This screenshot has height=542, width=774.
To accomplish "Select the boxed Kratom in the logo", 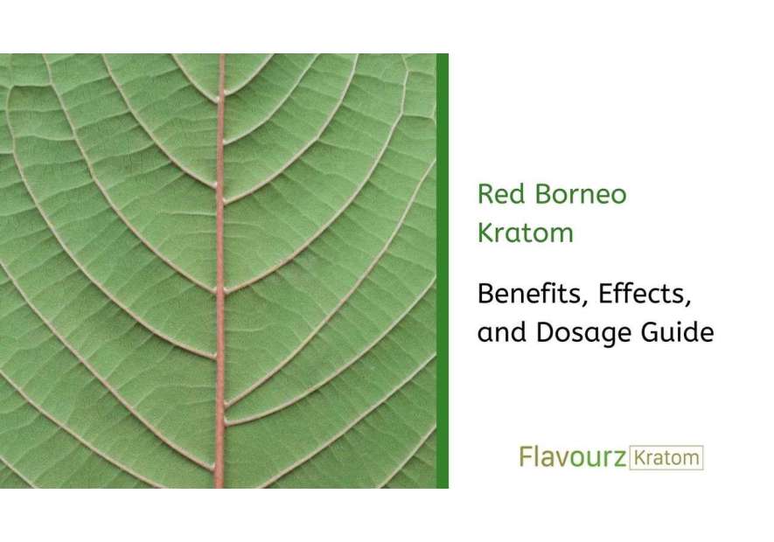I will tap(666, 457).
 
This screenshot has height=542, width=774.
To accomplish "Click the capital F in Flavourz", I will tap(526, 456).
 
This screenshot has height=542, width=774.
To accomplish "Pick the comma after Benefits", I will tap(588, 303).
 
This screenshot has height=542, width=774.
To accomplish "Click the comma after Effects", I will tap(690, 303).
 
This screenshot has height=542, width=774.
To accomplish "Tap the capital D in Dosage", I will tap(539, 332).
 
